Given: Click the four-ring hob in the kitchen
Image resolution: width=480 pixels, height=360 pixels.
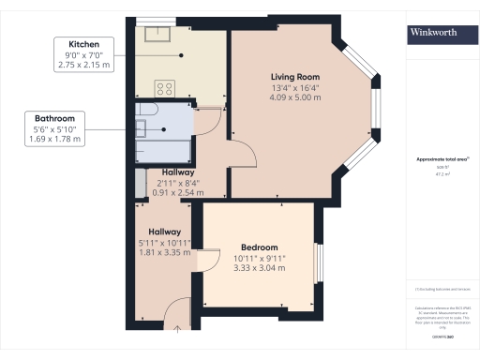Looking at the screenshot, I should click(x=165, y=90).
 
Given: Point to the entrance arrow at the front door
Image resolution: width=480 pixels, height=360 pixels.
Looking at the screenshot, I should click(x=178, y=328).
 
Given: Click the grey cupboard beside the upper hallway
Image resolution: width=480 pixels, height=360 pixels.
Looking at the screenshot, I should click(x=140, y=183).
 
